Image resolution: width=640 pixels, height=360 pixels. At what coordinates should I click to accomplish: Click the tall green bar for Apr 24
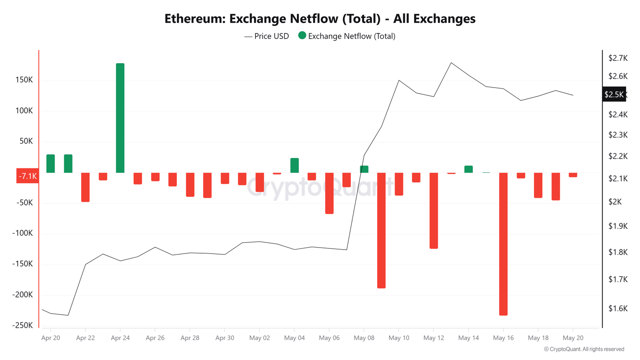(x=120, y=118)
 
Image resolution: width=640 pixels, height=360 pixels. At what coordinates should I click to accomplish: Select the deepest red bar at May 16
(x=503, y=244)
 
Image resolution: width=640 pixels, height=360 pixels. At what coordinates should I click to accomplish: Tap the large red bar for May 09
(x=381, y=230)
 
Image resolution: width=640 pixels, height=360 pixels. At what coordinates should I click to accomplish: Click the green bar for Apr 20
(x=50, y=164)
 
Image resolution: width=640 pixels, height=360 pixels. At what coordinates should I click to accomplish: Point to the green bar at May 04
(x=294, y=166)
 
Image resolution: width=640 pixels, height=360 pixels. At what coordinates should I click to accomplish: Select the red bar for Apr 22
(x=85, y=187)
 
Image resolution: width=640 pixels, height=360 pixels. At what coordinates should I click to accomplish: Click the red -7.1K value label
(x=28, y=176)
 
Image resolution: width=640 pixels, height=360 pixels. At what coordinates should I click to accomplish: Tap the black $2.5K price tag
(x=614, y=94)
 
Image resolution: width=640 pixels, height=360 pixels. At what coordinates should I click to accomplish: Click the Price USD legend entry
(x=267, y=36)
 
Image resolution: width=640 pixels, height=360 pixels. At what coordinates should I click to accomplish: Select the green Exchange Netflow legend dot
(x=302, y=36)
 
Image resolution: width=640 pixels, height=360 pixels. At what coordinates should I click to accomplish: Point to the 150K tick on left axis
(x=24, y=80)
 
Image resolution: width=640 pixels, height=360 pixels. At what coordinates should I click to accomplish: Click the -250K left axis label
(x=23, y=325)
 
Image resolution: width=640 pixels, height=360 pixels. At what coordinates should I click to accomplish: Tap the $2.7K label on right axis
(x=618, y=58)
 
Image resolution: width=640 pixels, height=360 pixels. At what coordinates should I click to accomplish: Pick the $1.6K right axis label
(x=618, y=308)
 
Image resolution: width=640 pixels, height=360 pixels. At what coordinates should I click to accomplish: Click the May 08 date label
(x=364, y=338)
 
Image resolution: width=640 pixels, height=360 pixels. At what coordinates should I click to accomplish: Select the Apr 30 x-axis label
(x=225, y=338)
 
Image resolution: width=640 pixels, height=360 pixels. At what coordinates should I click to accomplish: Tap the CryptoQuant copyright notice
(x=584, y=349)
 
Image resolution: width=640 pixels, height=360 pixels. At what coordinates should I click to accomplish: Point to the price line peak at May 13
(x=451, y=63)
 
